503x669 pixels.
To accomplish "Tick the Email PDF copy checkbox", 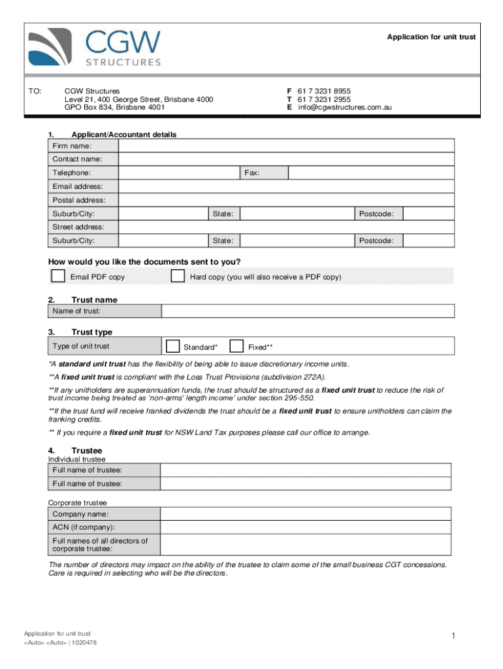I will click(x=58, y=276).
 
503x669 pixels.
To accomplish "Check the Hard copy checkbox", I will click(x=177, y=276).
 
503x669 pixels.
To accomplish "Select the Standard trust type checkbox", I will click(x=173, y=346).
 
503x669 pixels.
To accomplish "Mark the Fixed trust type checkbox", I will click(x=237, y=346).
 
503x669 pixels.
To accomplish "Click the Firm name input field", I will click(x=285, y=146).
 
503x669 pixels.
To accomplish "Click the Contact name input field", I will click(x=285, y=159).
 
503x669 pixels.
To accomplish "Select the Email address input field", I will click(x=285, y=187).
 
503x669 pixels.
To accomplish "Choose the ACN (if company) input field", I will click(x=305, y=527).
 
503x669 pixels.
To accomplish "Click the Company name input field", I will click(x=305, y=514).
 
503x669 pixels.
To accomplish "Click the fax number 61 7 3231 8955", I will click(x=324, y=91).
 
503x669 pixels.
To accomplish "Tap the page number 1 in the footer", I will click(x=452, y=636).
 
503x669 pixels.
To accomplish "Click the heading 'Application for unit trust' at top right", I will click(x=431, y=37).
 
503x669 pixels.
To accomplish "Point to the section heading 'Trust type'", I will click(x=91, y=332).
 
